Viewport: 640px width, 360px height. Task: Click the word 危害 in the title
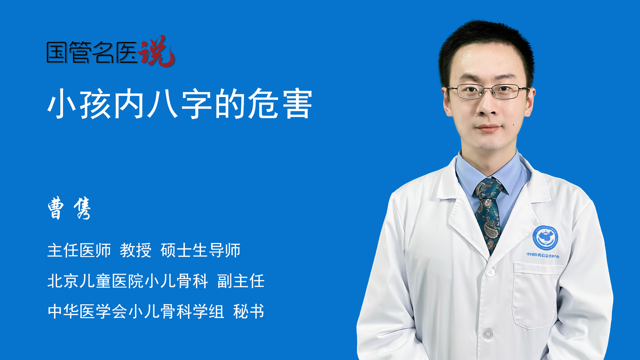(280, 104)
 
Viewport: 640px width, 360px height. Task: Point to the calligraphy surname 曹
(56, 208)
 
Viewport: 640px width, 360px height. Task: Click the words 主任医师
(79, 250)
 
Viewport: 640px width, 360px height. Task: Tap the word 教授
(135, 250)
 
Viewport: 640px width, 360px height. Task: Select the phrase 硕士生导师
(200, 250)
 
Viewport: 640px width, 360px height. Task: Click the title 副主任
(241, 281)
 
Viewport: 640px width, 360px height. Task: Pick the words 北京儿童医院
(95, 281)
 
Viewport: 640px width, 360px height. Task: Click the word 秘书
(249, 311)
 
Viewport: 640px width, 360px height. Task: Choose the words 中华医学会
(87, 311)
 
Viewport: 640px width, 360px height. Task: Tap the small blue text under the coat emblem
(543, 255)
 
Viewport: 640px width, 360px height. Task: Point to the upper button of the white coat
(490, 273)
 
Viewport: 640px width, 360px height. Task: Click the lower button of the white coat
(488, 334)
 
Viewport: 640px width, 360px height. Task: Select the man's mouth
(489, 128)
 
